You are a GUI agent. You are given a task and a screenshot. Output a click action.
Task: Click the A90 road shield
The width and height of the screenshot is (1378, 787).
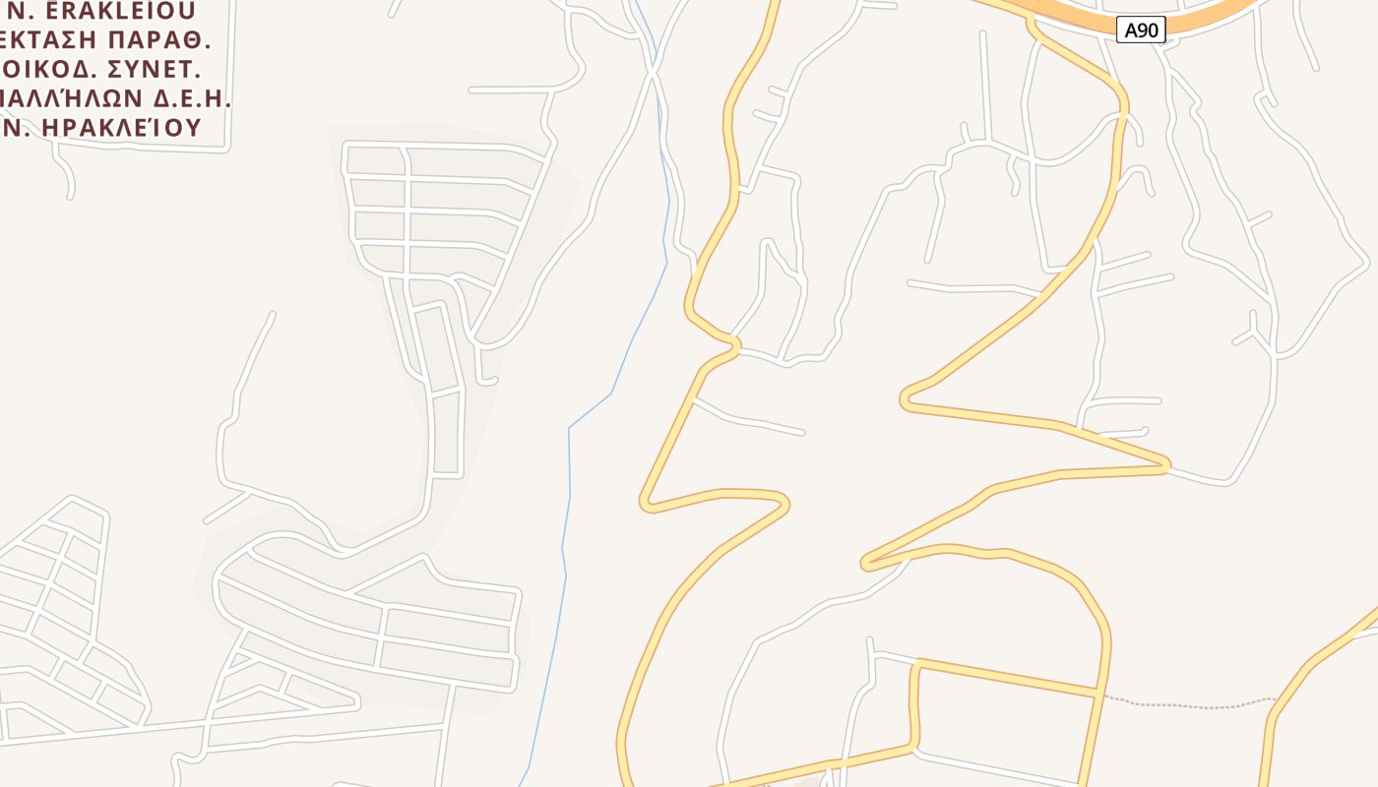click(x=1142, y=30)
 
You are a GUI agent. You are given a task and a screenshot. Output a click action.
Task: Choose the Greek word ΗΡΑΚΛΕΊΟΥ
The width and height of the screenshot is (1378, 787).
click(x=118, y=127)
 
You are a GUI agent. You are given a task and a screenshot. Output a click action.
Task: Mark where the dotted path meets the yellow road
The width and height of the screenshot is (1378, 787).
click(x=1098, y=695)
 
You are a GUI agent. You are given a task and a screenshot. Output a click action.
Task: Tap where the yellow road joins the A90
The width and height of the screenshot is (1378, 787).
click(x=1031, y=20)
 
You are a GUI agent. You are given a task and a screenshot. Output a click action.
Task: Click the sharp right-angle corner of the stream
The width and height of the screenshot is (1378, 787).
click(x=569, y=428)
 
